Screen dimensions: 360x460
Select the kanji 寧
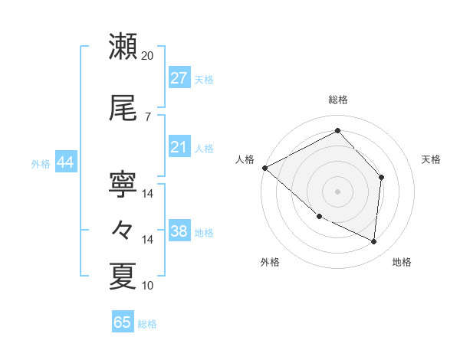tap(123, 182)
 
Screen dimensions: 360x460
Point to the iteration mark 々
tap(123, 228)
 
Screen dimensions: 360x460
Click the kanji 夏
tap(123, 275)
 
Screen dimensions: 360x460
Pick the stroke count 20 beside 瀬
tap(148, 56)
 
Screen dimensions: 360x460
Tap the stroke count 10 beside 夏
tap(148, 286)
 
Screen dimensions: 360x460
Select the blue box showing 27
tap(179, 78)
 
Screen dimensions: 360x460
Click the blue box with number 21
tap(179, 147)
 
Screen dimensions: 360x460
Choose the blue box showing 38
tap(179, 231)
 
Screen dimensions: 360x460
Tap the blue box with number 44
tap(65, 162)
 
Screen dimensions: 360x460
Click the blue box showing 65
tap(123, 322)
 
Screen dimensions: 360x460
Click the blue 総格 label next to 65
tap(147, 324)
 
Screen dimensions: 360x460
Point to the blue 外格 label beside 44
tap(41, 163)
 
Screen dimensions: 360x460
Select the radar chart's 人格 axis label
tap(245, 159)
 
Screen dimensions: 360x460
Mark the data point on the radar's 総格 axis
tap(337, 131)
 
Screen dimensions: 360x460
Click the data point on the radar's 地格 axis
tap(373, 242)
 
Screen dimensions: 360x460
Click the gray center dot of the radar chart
tap(337, 191)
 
